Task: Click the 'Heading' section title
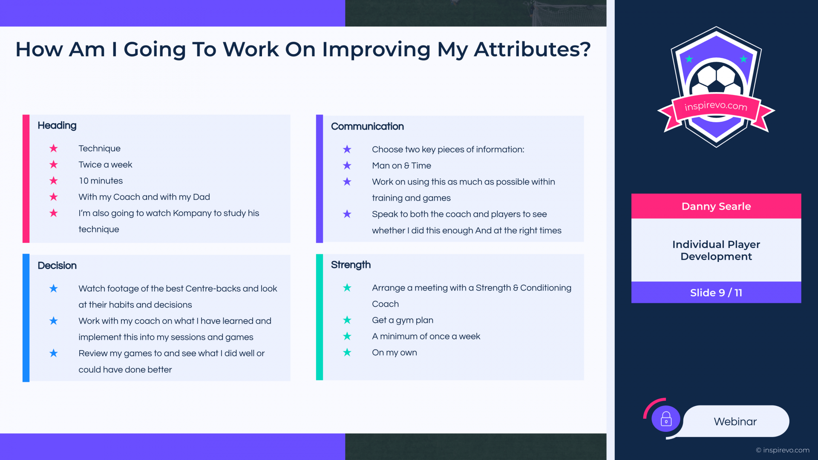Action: (x=57, y=126)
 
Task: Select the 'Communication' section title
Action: (x=367, y=126)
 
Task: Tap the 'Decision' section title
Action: (x=57, y=265)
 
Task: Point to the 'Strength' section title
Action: (x=351, y=265)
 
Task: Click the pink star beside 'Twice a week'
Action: (x=54, y=164)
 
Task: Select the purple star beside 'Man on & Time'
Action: (x=347, y=165)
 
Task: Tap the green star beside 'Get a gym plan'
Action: (x=347, y=320)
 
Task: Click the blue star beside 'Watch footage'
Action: (x=54, y=288)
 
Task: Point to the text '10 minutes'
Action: (x=101, y=181)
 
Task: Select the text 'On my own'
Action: (x=395, y=353)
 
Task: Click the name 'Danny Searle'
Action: (x=716, y=207)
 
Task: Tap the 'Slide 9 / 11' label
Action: (x=716, y=293)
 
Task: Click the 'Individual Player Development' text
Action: (x=716, y=250)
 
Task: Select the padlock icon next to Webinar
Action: (x=666, y=419)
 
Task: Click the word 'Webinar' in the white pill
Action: (x=735, y=422)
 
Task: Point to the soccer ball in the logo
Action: (x=716, y=79)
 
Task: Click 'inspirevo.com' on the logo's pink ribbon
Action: (x=716, y=106)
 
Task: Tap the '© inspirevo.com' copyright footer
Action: (x=783, y=450)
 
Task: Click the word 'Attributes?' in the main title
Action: (x=533, y=49)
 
